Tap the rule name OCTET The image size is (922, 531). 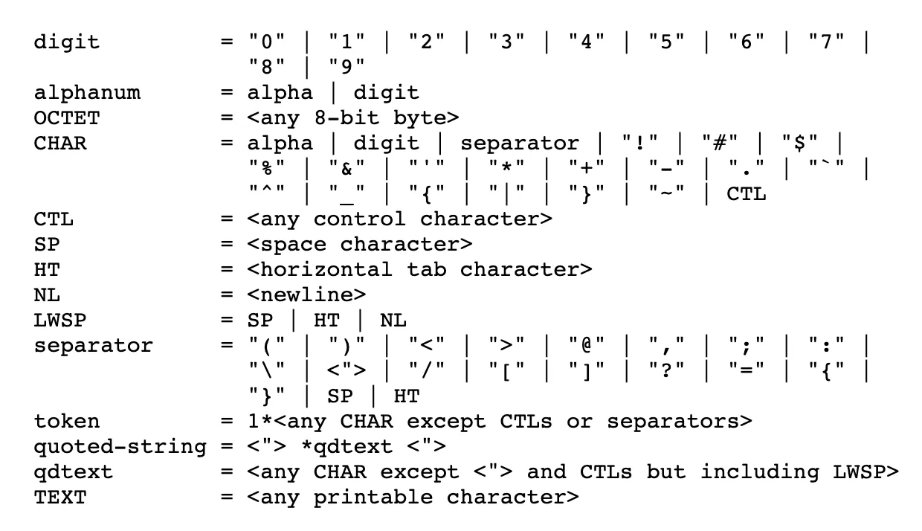66,118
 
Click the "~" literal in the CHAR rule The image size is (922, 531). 667,194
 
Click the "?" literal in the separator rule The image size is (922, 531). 667,371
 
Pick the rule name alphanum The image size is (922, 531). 86,93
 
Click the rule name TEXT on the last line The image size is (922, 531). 59,497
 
